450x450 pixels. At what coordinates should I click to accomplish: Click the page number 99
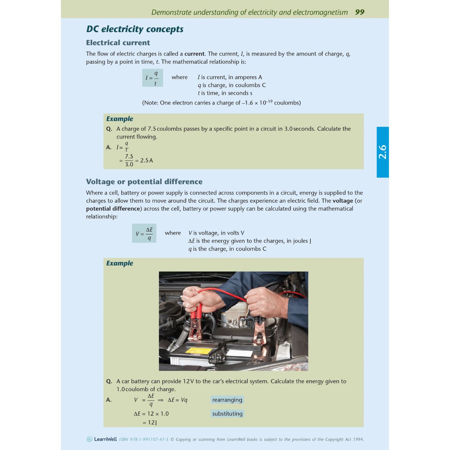pos(360,12)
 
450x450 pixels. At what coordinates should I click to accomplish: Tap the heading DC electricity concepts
pos(135,29)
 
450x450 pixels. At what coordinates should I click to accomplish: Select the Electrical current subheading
pos(118,43)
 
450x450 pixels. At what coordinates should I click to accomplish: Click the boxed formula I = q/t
pos(152,78)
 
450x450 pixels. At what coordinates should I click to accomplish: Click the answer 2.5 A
pos(147,160)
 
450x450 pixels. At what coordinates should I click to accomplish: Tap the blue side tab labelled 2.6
pos(382,152)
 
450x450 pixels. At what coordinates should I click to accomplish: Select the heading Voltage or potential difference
pos(144,182)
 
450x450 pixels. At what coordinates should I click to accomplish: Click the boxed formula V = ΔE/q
pos(144,233)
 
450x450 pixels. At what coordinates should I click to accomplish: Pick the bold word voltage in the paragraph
pos(343,201)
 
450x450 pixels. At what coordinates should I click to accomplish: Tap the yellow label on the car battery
pos(199,351)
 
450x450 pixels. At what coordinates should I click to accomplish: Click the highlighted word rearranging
pos(227,400)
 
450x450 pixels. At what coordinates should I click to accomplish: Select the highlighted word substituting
pos(227,414)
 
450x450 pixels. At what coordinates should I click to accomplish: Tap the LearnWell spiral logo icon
pos(90,439)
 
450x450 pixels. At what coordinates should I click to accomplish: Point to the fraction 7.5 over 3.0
pos(129,160)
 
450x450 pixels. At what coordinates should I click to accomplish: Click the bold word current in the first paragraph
pos(194,54)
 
